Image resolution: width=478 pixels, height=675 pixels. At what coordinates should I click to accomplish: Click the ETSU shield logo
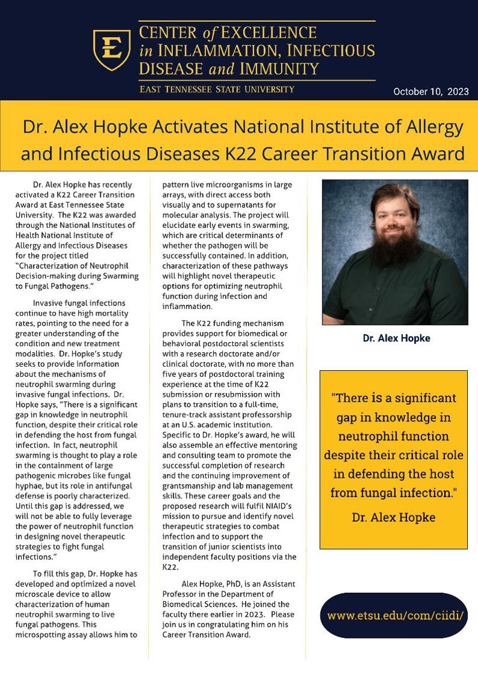tap(112, 49)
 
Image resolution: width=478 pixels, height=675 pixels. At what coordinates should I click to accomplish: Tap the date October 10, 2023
tap(431, 92)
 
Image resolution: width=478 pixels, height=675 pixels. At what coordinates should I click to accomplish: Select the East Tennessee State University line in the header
tap(217, 89)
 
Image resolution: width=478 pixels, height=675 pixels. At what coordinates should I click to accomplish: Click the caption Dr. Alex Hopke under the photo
tap(396, 338)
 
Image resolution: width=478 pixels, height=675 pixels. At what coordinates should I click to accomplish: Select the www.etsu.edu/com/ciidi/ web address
tap(393, 616)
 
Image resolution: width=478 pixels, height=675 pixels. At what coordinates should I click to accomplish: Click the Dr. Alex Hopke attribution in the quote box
tap(393, 517)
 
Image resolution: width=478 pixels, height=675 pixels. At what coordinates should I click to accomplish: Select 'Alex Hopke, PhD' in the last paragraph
tap(211, 584)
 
